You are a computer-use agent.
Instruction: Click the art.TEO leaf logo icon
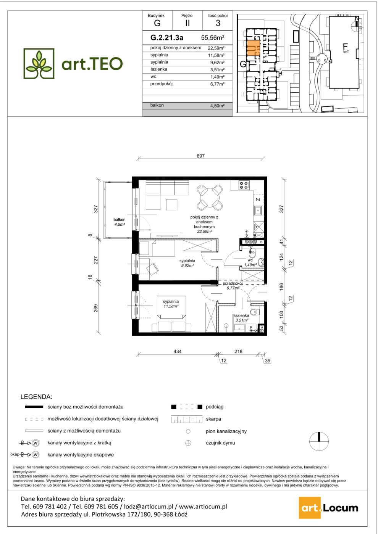pos(39,64)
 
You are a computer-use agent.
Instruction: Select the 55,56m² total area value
pos(213,38)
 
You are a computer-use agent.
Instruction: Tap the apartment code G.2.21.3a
pos(167,38)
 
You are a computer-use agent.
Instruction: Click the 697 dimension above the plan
pos(200,156)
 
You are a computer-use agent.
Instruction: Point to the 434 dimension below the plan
pos(177,351)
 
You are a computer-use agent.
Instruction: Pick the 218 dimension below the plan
pos(238,351)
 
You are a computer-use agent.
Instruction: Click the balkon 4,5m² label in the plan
pos(119,222)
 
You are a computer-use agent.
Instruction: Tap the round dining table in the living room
pos(210,198)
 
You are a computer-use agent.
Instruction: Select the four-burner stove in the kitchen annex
pos(244,185)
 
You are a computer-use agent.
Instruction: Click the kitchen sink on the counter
pos(258,211)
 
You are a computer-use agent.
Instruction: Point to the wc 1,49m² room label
pos(250,262)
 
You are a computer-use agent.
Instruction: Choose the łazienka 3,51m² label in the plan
pos(242,318)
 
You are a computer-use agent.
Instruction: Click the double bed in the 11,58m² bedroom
pos(171,314)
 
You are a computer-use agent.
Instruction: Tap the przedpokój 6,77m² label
pos(233,286)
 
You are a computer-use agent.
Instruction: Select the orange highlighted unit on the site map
pos(254,48)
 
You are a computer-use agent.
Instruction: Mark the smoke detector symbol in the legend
pos(188,443)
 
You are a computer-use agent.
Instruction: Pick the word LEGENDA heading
pos(36,397)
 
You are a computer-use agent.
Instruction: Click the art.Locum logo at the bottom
pos(329,508)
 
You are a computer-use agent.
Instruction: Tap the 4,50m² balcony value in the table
pos(217,106)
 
